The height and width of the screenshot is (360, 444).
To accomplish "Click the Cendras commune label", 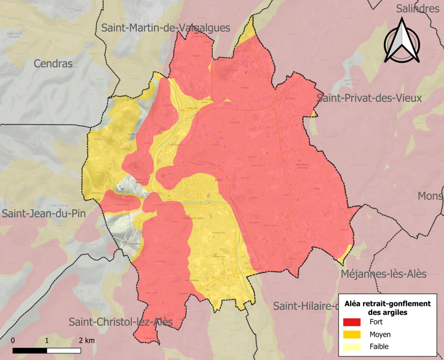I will (53, 64).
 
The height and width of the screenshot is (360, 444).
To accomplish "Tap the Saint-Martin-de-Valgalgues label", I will (166, 28).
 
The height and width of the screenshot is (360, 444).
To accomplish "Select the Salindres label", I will (418, 9).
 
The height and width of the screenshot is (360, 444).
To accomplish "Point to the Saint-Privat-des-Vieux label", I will (369, 98).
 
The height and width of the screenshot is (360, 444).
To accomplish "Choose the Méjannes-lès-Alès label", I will (383, 274).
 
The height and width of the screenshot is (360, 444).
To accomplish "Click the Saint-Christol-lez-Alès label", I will (121, 322).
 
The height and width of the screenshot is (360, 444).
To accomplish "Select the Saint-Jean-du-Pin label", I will (43, 214).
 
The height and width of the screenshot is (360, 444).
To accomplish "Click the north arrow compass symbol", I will (402, 42).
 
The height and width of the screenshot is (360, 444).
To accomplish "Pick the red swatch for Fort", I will (352, 322).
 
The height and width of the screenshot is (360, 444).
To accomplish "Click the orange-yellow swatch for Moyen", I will (352, 334).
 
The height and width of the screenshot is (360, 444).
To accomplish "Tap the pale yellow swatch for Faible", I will (352, 347).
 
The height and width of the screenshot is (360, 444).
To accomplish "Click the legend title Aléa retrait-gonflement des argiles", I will (387, 308).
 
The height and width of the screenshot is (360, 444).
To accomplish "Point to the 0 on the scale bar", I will (13, 340).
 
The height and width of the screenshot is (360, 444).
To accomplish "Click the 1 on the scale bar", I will (47, 340).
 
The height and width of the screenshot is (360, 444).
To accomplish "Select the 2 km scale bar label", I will (87, 340).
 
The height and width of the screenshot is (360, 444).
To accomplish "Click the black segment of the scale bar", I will (30, 350).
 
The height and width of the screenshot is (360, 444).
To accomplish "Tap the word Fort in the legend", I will (376, 322).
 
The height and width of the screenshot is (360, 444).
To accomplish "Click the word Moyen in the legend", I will (380, 334).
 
